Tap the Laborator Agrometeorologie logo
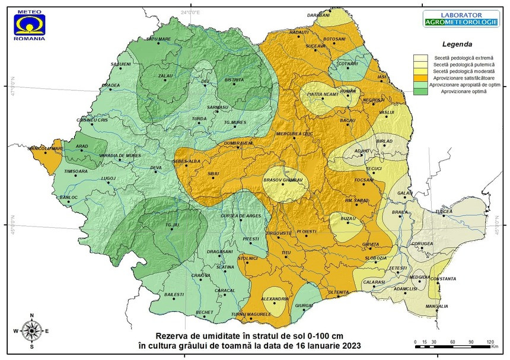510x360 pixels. click(x=453, y=19)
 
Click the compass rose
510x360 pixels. click(x=31, y=330)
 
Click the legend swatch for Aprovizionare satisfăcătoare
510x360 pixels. click(x=422, y=78)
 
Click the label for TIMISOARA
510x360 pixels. click(x=75, y=171)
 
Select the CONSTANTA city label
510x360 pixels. click(x=443, y=279)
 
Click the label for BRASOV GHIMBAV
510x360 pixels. click(x=283, y=180)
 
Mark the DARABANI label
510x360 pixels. click(x=335, y=15)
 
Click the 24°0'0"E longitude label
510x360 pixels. click(x=190, y=12)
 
